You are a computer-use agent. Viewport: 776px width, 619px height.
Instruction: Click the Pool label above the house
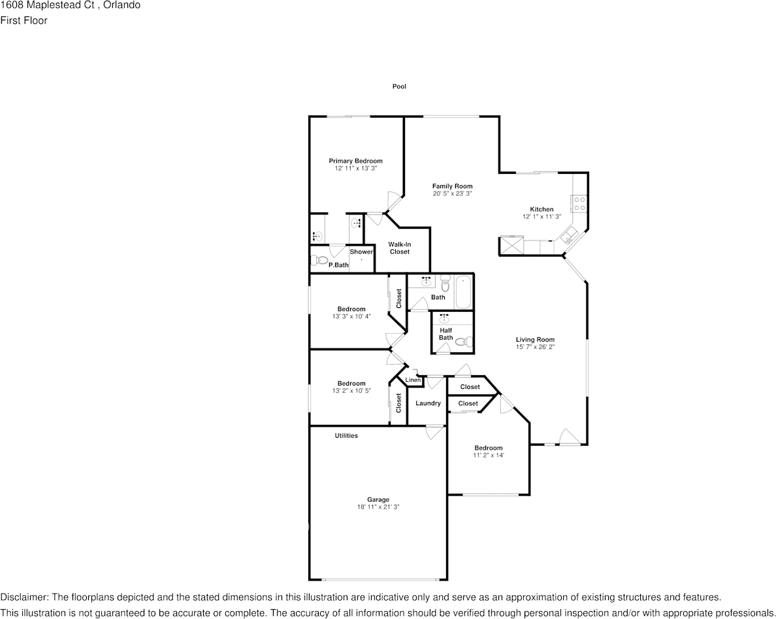click(x=399, y=86)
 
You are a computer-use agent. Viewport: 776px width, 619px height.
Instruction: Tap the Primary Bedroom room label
click(x=356, y=160)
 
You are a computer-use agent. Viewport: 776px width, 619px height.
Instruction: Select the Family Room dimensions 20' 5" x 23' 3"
click(x=452, y=193)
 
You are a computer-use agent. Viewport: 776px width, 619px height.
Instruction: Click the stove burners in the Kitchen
click(x=579, y=203)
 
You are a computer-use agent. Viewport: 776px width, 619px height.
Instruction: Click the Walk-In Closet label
click(x=399, y=248)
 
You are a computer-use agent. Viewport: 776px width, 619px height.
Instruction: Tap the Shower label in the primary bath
click(x=361, y=252)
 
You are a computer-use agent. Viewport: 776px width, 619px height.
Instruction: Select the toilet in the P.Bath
click(x=320, y=259)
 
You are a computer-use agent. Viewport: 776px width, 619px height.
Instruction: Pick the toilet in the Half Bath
click(x=464, y=341)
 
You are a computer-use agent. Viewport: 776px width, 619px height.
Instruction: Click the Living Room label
click(x=535, y=339)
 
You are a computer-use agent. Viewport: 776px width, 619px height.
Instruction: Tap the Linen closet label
click(x=413, y=380)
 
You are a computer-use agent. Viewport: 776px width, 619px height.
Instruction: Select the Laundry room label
click(x=428, y=403)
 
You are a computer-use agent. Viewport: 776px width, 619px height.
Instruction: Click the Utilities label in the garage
click(x=346, y=435)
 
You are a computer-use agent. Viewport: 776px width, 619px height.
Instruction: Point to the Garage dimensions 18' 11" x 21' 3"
click(x=378, y=507)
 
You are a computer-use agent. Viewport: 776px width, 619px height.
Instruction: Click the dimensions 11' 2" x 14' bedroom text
click(x=489, y=455)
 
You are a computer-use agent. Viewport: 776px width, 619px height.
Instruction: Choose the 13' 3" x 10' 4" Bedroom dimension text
click(x=351, y=316)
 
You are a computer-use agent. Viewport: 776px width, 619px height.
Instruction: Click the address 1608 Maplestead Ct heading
click(x=47, y=5)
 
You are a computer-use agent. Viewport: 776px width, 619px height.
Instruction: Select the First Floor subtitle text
click(x=24, y=20)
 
